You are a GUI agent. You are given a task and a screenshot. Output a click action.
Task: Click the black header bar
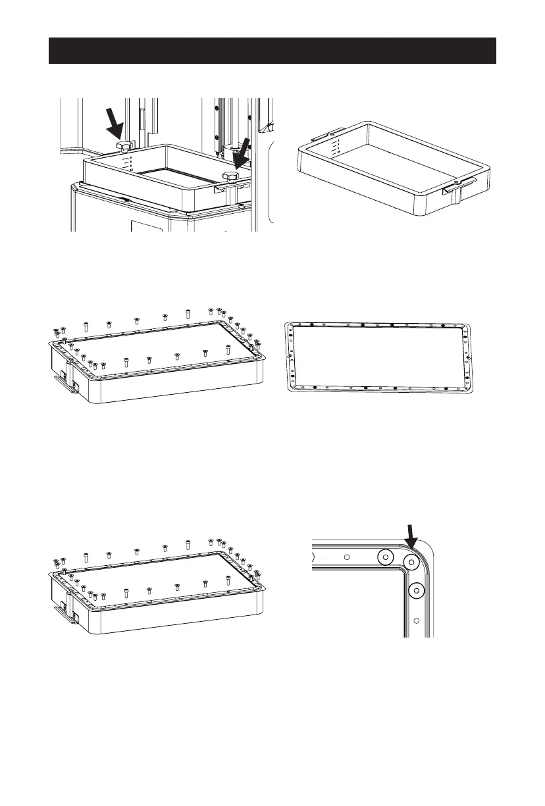tap(272, 51)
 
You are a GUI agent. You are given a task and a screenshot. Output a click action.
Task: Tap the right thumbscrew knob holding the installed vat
tap(230, 176)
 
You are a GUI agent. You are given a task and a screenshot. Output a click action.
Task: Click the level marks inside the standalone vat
tap(335, 148)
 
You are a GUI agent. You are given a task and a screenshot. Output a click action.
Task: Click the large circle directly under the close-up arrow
tap(413, 562)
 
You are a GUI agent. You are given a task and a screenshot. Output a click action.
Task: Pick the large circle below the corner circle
tap(415, 591)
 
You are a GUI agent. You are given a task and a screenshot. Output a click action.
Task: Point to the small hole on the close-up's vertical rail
tap(416, 620)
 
